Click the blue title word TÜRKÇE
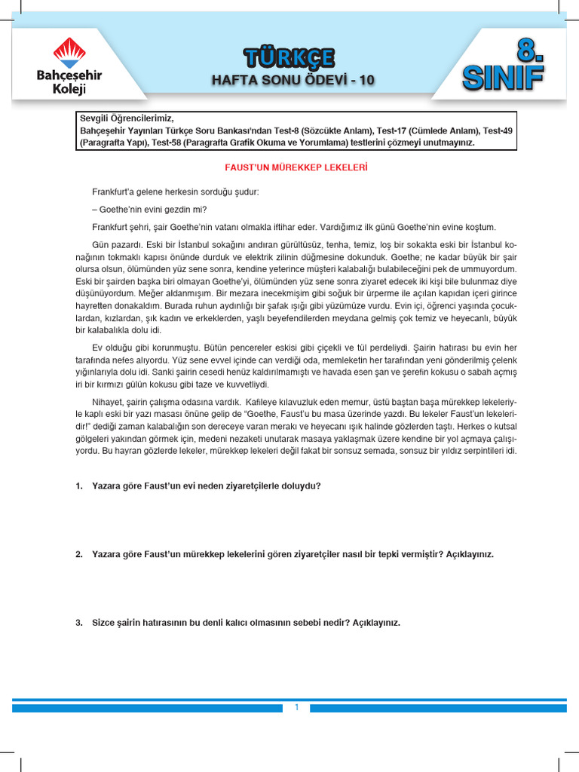pos(289,57)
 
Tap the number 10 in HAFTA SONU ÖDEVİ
pos(365,79)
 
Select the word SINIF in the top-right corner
pos(504,76)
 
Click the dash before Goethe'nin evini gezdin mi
pos(94,210)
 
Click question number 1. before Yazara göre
pos(79,486)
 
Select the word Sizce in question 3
pos(104,623)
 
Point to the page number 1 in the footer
pos(297,707)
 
